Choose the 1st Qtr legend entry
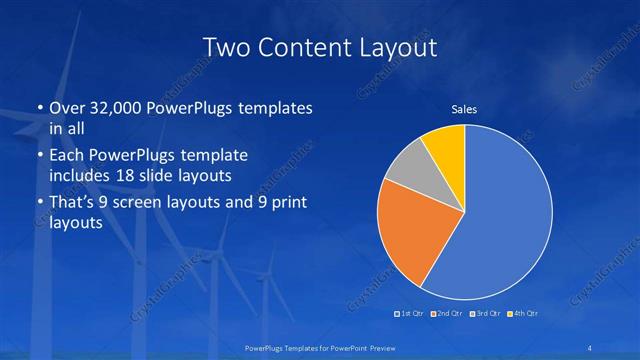coord(410,314)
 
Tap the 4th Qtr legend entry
coord(523,314)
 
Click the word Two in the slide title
coord(226,47)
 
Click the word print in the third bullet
coord(287,203)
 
